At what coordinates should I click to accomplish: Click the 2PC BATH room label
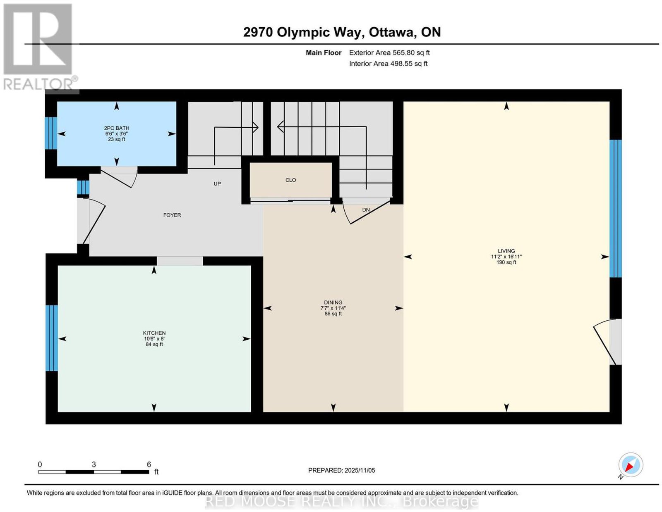pyautogui.click(x=116, y=128)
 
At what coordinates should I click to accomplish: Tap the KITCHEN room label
pyautogui.click(x=154, y=333)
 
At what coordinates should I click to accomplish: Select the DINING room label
pyautogui.click(x=333, y=302)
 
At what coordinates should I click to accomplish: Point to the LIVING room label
pyautogui.click(x=506, y=251)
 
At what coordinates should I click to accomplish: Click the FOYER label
pyautogui.click(x=172, y=215)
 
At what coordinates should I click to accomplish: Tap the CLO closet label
pyautogui.click(x=290, y=180)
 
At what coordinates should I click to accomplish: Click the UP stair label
pyautogui.click(x=217, y=184)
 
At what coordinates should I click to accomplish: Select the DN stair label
pyautogui.click(x=366, y=210)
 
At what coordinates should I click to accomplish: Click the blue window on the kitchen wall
pyautogui.click(x=51, y=338)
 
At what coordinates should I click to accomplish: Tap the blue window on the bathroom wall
pyautogui.click(x=51, y=133)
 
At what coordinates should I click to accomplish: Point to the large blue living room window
pyautogui.click(x=615, y=208)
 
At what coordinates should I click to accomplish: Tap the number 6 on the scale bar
pyautogui.click(x=149, y=464)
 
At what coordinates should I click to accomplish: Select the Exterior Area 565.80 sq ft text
pyautogui.click(x=389, y=52)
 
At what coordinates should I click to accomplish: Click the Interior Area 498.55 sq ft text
pyautogui.click(x=389, y=64)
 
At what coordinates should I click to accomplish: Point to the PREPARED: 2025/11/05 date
pyautogui.click(x=341, y=470)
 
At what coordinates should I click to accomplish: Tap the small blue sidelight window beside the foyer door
pyautogui.click(x=83, y=187)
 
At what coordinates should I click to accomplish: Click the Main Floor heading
pyautogui.click(x=324, y=52)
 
